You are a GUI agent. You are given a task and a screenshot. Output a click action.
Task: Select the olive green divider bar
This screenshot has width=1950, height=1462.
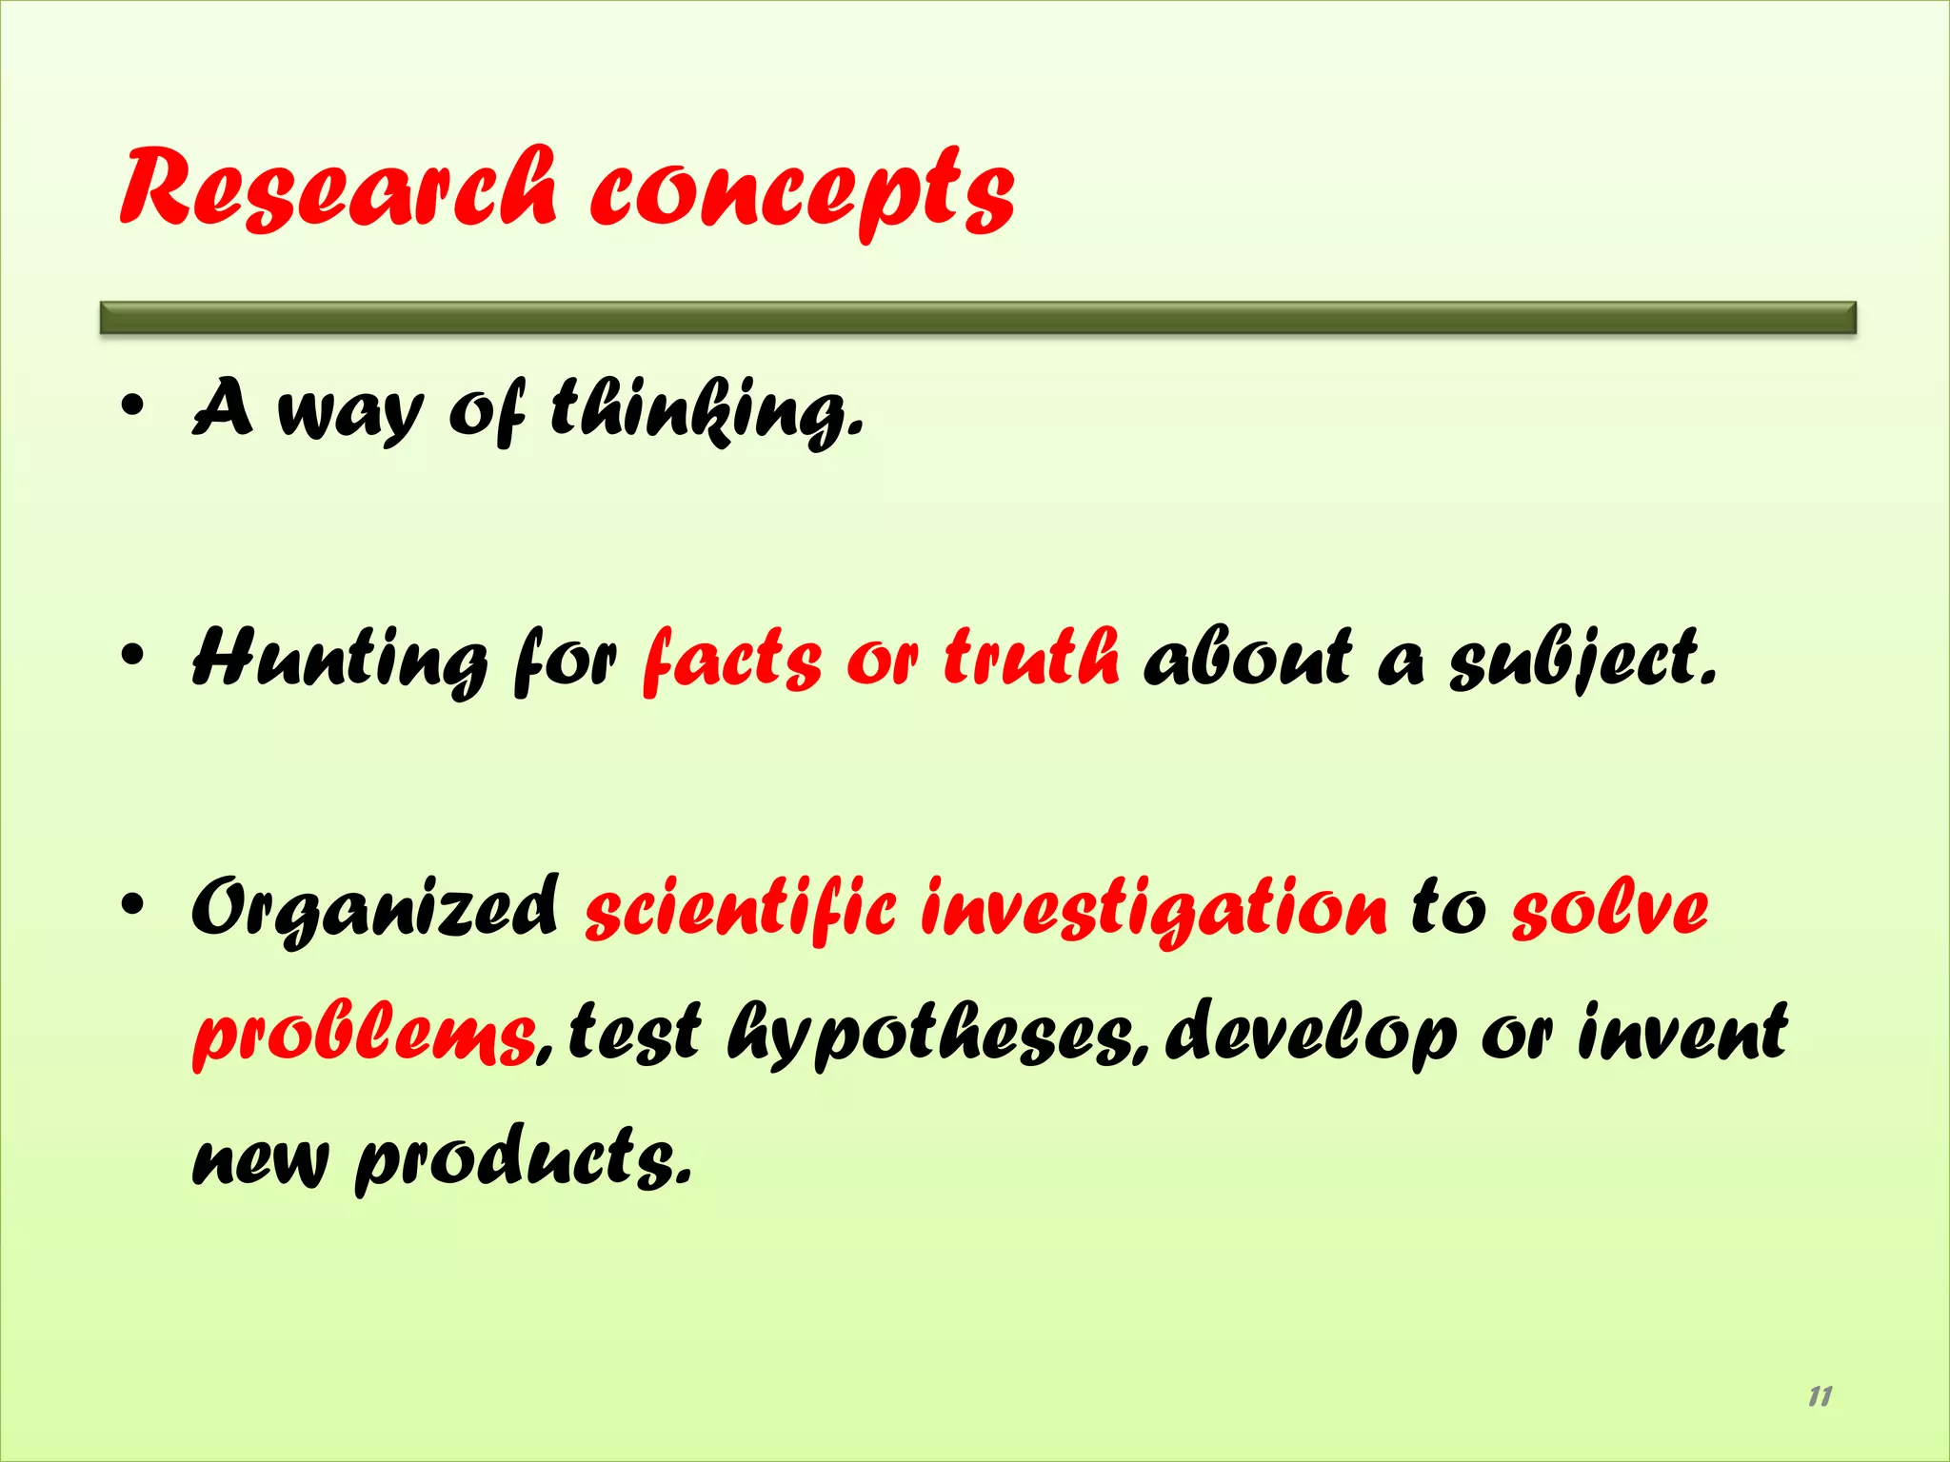(x=978, y=318)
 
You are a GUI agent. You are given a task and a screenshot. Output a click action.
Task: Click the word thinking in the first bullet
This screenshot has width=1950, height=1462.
(x=706, y=411)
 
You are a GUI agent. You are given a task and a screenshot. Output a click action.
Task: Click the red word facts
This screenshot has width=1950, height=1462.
(x=731, y=659)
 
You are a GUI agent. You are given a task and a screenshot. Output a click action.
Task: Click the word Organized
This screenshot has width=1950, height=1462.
(x=375, y=909)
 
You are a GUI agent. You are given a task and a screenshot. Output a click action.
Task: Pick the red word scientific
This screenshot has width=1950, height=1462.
(x=741, y=909)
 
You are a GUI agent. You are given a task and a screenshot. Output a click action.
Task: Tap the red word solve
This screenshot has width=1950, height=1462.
(x=1610, y=909)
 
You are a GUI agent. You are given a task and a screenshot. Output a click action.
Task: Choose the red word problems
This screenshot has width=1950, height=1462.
(x=366, y=1036)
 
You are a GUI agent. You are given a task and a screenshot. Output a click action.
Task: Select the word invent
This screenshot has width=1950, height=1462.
(x=1681, y=1032)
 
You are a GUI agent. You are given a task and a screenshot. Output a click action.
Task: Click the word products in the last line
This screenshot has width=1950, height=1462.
(x=523, y=1157)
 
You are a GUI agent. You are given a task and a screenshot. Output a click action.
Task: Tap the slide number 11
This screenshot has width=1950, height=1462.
(x=1820, y=1396)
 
